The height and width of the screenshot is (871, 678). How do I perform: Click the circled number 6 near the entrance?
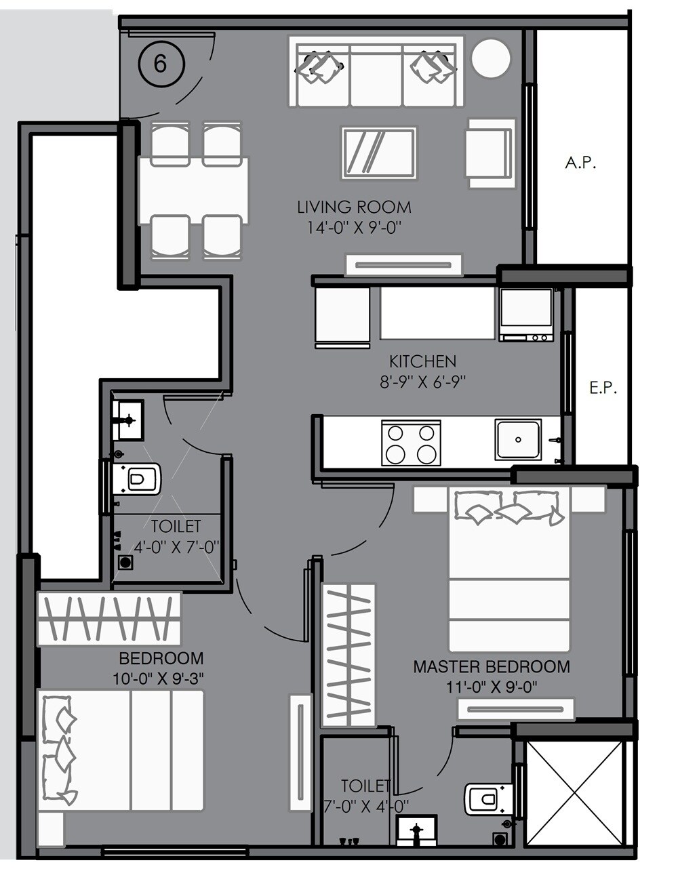coord(161,64)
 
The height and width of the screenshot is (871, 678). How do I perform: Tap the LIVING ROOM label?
coord(354,207)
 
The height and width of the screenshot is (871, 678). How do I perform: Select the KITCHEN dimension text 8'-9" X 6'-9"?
coord(422,382)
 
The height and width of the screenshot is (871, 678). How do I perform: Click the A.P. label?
coord(580,163)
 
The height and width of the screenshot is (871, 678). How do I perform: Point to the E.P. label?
coord(602,388)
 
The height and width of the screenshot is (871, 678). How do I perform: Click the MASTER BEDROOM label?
coord(492,667)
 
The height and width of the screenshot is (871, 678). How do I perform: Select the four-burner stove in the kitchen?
coord(411,443)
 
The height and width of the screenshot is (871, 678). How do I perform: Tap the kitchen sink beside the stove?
coord(518,439)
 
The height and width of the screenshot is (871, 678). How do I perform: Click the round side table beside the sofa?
coord(490,59)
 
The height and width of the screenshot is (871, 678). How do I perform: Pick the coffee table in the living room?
coord(379,153)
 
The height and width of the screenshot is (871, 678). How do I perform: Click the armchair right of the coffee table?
coord(490,153)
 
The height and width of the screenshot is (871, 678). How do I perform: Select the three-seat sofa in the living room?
coord(377,72)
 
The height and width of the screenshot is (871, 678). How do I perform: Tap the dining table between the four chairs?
coord(193,190)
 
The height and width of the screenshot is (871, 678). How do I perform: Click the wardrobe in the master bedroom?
coord(348,655)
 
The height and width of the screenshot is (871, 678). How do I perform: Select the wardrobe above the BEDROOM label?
coord(109,619)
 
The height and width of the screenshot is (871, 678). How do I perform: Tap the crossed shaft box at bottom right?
coord(574,793)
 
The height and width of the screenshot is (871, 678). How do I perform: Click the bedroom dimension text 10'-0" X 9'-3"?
coord(159,677)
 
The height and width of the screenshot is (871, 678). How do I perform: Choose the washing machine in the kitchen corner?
coord(527,315)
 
